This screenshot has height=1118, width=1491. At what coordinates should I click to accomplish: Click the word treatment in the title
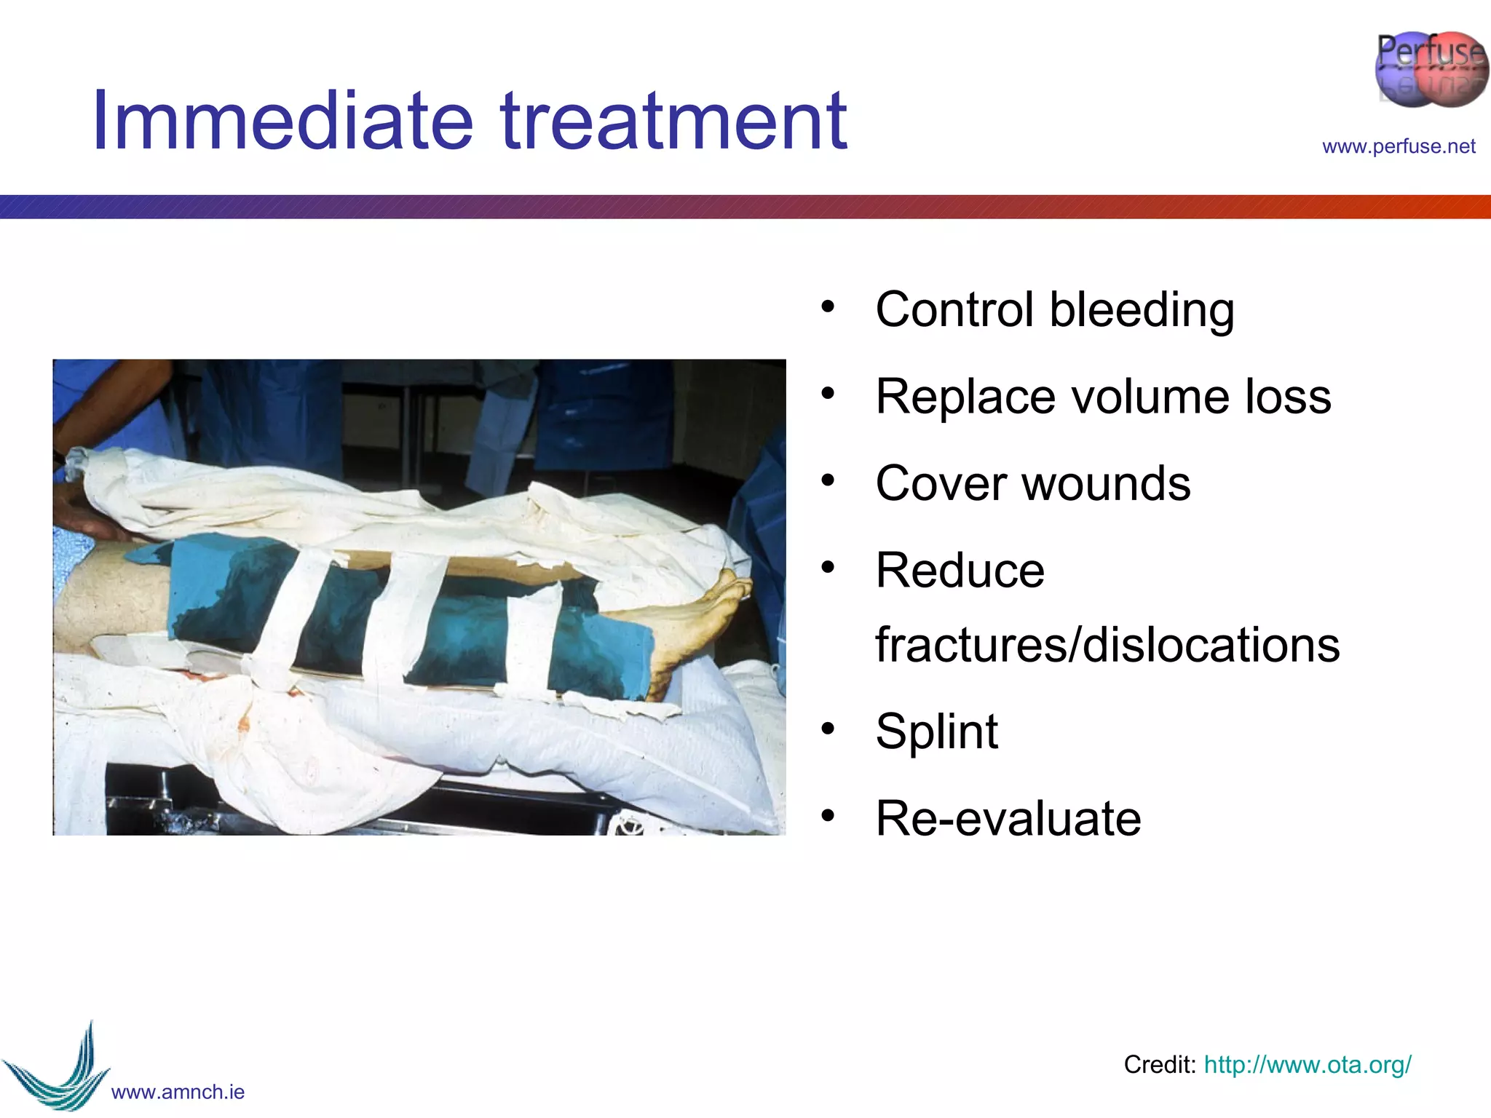[673, 120]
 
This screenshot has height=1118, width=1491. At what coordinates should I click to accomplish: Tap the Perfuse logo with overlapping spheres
[1430, 69]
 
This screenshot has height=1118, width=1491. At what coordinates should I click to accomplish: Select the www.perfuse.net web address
[1399, 146]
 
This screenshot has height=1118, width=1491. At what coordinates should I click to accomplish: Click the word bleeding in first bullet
[1142, 310]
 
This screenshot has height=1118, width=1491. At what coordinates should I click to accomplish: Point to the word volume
[1150, 397]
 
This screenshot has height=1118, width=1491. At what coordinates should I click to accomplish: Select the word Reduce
[960, 570]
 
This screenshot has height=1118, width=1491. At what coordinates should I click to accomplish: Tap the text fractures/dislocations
[1107, 645]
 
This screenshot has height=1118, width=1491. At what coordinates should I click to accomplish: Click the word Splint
[936, 731]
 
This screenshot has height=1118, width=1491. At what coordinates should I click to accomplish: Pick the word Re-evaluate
[1008, 818]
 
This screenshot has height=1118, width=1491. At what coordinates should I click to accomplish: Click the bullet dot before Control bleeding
[828, 306]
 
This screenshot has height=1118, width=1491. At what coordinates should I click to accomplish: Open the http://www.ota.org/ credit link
[1308, 1065]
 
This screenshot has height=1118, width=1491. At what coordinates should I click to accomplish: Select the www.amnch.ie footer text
[178, 1092]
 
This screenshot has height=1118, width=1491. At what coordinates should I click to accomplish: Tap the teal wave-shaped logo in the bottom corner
[58, 1070]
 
